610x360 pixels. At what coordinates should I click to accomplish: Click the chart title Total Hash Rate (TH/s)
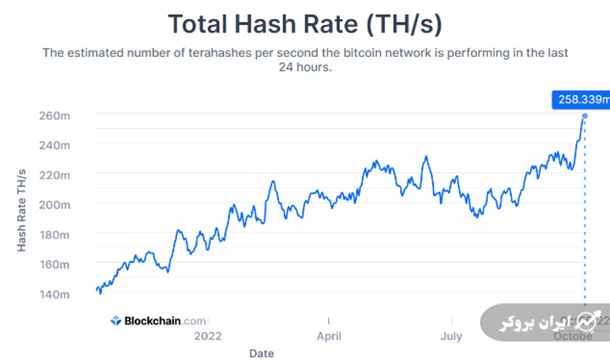pos(305,24)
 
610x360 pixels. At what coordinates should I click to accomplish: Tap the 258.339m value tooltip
pos(581,100)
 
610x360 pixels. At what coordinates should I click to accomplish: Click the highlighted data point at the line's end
pos(584,116)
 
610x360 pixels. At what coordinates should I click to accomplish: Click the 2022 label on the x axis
pos(207,336)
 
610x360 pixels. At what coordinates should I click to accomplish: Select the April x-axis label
pos(329,336)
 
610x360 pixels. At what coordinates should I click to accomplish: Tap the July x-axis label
pos(451,336)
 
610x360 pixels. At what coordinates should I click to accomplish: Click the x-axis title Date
pos(262,353)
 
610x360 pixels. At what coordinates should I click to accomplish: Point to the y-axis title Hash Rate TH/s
pos(22,211)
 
